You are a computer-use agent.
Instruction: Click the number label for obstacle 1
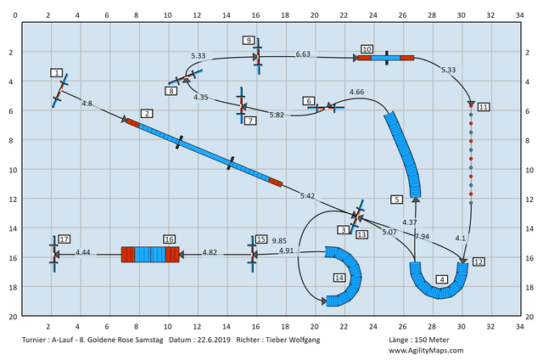[57, 73]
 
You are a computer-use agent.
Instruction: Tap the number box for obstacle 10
[367, 49]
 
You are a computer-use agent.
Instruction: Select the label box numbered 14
[339, 278]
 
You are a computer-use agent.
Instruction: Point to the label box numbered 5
[396, 200]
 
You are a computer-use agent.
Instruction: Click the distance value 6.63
[303, 54]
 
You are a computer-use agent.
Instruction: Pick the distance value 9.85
[279, 241]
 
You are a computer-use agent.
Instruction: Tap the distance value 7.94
[422, 236]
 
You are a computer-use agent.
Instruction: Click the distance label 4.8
[87, 104]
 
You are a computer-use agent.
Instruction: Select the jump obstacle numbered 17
[53, 254]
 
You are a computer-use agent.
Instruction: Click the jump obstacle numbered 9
[258, 56]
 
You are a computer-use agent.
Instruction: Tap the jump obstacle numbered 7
[241, 105]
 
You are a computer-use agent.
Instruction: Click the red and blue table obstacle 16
[150, 255]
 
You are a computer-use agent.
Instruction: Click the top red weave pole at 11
[471, 105]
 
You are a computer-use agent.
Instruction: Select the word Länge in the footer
[399, 340]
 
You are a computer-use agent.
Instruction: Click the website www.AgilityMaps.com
[426, 351]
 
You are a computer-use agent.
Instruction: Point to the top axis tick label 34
[520, 15]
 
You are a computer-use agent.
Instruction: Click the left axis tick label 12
[13, 200]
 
